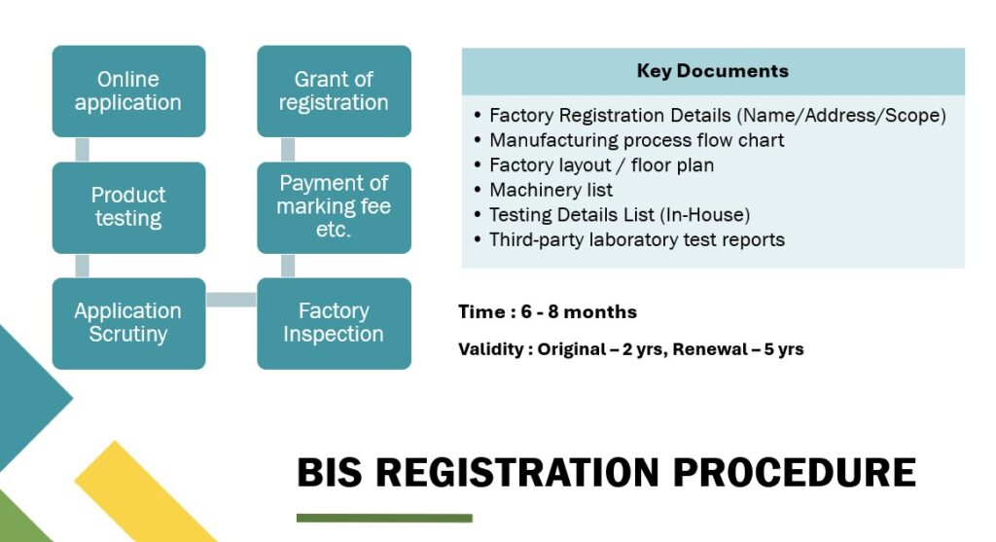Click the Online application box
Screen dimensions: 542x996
128,91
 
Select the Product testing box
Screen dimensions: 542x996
128,207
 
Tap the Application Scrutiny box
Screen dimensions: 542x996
128,323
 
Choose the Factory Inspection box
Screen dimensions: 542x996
334,323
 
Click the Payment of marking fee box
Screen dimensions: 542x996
334,207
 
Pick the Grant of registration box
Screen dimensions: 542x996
334,91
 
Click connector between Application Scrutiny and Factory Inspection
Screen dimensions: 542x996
231,300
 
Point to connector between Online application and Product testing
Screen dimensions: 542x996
83,150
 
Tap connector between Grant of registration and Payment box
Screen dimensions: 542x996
288,150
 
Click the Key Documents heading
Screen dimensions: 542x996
712,71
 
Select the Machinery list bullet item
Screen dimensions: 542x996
551,190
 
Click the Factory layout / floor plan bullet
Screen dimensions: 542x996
601,165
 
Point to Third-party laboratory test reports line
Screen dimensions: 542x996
636,239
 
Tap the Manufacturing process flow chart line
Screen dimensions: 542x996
636,140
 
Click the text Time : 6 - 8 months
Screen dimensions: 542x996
548,312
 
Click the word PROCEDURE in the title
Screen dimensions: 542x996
794,473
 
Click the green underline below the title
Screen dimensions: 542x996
384,518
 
